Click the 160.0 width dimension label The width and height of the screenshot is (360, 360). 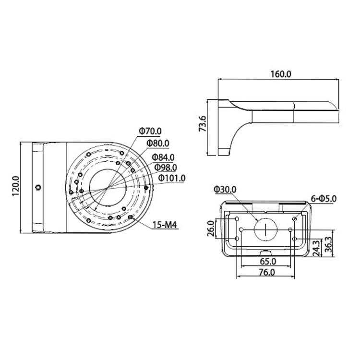click(281, 74)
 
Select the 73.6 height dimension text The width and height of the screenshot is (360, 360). click(203, 124)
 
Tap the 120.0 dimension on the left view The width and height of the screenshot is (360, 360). click(16, 186)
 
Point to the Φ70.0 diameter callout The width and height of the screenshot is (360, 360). click(150, 131)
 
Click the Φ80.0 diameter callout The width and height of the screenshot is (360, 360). click(158, 144)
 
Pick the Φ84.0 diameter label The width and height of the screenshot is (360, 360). click(163, 157)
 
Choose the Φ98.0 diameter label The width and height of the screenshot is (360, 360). click(166, 168)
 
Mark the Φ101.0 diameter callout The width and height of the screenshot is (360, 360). click(172, 178)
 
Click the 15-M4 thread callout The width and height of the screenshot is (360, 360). click(165, 225)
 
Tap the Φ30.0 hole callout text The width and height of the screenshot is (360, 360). click(225, 190)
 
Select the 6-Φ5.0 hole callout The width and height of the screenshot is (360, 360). click(324, 199)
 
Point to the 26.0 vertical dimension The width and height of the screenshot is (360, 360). click(211, 228)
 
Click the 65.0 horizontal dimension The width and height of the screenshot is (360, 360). click(268, 261)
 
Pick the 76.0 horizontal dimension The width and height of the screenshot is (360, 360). click(267, 272)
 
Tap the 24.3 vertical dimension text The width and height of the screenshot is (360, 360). click(316, 248)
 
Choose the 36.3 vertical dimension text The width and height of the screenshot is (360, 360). click(329, 245)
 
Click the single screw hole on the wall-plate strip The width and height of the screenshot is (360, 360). click(38, 188)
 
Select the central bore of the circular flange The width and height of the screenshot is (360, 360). click(89, 188)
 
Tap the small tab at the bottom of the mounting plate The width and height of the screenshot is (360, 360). click(265, 252)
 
